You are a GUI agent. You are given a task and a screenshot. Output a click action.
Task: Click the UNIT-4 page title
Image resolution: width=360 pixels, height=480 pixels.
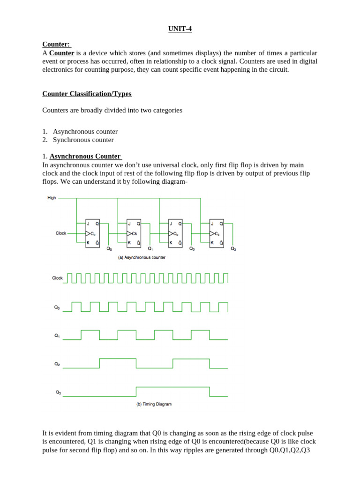tap(180, 29)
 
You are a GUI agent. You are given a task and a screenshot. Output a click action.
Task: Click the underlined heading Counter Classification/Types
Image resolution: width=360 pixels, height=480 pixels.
tap(87, 94)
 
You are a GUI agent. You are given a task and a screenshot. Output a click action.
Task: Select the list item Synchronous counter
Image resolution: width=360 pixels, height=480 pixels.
tap(83, 140)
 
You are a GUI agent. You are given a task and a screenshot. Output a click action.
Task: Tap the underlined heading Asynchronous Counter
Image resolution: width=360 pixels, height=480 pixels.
tap(85, 156)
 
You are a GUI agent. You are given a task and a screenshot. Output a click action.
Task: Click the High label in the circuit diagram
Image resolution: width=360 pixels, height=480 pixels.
tap(52, 198)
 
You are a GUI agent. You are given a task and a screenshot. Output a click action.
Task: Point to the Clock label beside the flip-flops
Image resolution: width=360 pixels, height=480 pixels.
tap(61, 233)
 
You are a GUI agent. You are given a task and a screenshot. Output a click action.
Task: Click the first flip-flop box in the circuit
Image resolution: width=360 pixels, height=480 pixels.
tap(92, 233)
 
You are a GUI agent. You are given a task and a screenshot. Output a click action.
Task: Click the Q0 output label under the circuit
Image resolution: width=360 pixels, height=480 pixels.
tap(109, 249)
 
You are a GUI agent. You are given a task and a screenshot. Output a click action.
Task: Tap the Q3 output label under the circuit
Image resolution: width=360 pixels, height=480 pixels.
tap(233, 249)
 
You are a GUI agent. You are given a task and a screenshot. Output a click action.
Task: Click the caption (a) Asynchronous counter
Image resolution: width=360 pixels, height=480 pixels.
tap(142, 257)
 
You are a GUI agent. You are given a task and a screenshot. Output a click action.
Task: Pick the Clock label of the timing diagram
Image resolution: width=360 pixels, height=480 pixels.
tap(57, 278)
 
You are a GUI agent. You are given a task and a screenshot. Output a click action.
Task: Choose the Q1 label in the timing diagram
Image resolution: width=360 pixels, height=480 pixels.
tap(57, 336)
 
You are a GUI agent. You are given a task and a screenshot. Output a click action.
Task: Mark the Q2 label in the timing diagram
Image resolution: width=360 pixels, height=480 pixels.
tap(57, 364)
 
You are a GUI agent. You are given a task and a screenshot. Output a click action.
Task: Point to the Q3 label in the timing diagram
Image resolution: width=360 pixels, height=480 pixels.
tap(58, 392)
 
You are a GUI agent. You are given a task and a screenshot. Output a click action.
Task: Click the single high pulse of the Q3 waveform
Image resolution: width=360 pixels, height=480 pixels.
tap(172, 388)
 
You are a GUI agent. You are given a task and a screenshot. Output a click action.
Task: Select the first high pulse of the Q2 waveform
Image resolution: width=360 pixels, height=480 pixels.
tap(117, 360)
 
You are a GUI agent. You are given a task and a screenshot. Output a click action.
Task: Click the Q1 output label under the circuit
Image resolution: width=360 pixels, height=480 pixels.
tap(150, 249)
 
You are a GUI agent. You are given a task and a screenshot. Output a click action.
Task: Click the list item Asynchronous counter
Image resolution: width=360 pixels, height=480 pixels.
tap(85, 132)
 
